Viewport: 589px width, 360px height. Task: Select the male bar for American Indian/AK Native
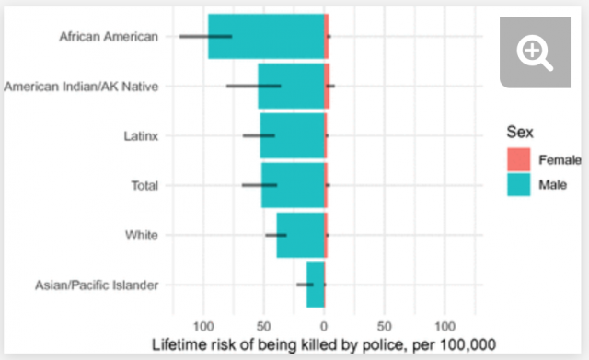[x=290, y=87]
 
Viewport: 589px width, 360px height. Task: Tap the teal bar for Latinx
[x=292, y=136]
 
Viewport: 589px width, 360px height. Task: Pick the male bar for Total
[x=292, y=186]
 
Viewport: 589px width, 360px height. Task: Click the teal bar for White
[x=300, y=236]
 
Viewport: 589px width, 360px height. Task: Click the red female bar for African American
[x=327, y=37]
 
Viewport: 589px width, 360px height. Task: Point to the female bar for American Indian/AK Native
[x=327, y=87]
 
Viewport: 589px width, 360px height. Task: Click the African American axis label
[x=108, y=37]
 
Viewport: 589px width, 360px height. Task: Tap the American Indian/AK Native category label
[x=82, y=87]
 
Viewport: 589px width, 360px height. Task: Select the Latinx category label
[x=140, y=136]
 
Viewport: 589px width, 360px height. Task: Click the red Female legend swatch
[x=519, y=159]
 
